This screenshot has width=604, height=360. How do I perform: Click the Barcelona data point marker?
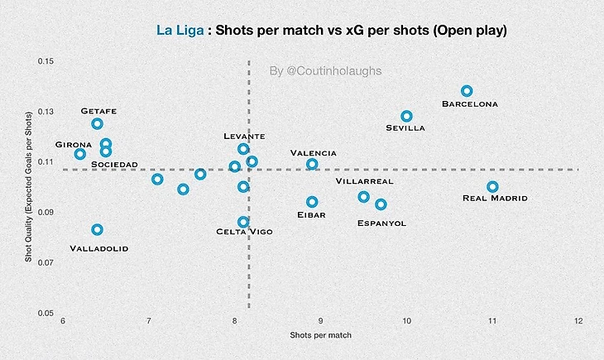pyautogui.click(x=467, y=91)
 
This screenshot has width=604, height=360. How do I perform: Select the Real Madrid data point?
pyautogui.click(x=492, y=187)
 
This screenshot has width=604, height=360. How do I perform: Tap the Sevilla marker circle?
pyautogui.click(x=406, y=117)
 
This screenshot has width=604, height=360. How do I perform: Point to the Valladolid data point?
pyautogui.click(x=97, y=229)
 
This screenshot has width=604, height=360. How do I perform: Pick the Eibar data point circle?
pyautogui.click(x=312, y=202)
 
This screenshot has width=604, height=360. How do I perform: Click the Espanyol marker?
pyautogui.click(x=381, y=204)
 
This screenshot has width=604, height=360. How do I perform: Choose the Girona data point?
pyautogui.click(x=79, y=154)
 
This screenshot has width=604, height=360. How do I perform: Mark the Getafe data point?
pyautogui.click(x=97, y=124)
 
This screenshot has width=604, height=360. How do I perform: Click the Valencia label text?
pyautogui.click(x=314, y=153)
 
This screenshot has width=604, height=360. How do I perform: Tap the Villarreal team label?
pyautogui.click(x=365, y=180)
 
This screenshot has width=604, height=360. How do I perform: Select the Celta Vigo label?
pyautogui.click(x=244, y=232)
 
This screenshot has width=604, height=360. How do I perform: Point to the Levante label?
pyautogui.click(x=244, y=136)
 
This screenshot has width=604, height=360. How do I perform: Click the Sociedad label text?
pyautogui.click(x=114, y=164)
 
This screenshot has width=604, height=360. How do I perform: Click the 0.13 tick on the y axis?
pyautogui.click(x=45, y=112)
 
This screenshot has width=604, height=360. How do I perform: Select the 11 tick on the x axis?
pyautogui.click(x=492, y=320)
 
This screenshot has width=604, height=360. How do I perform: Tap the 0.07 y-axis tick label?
pyautogui.click(x=45, y=263)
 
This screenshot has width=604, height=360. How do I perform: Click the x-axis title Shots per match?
pyautogui.click(x=320, y=335)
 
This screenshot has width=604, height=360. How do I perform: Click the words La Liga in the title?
pyautogui.click(x=180, y=31)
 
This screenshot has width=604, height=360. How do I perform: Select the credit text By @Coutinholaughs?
pyautogui.click(x=326, y=71)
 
